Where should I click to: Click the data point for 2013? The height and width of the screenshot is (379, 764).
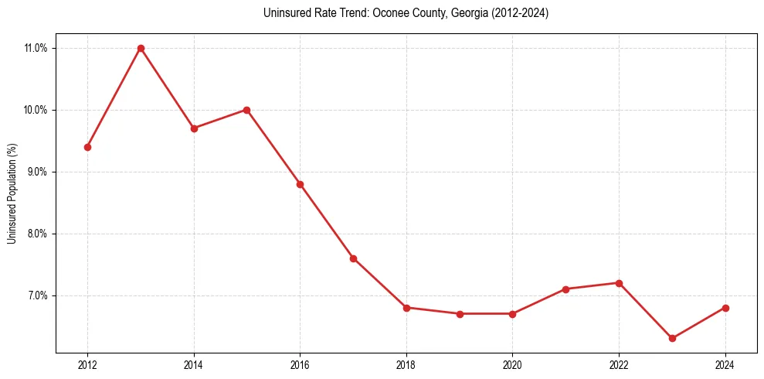tap(141, 48)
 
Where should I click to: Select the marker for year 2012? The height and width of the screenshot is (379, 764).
tap(87, 147)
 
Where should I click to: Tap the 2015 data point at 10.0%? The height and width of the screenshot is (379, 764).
tap(246, 110)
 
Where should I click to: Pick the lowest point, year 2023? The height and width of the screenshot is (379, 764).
tap(672, 338)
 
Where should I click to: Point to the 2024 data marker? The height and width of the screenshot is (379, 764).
tap(725, 308)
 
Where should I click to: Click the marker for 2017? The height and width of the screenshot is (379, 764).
tap(353, 258)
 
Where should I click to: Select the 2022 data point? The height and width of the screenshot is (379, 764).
tap(619, 283)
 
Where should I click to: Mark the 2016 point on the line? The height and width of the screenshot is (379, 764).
tap(300, 184)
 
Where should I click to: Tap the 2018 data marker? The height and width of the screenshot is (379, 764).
tap(406, 308)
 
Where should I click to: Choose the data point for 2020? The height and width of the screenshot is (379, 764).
tap(512, 314)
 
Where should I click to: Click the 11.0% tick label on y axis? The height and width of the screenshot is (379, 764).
tap(36, 48)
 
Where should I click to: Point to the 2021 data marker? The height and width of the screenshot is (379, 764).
tap(565, 289)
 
